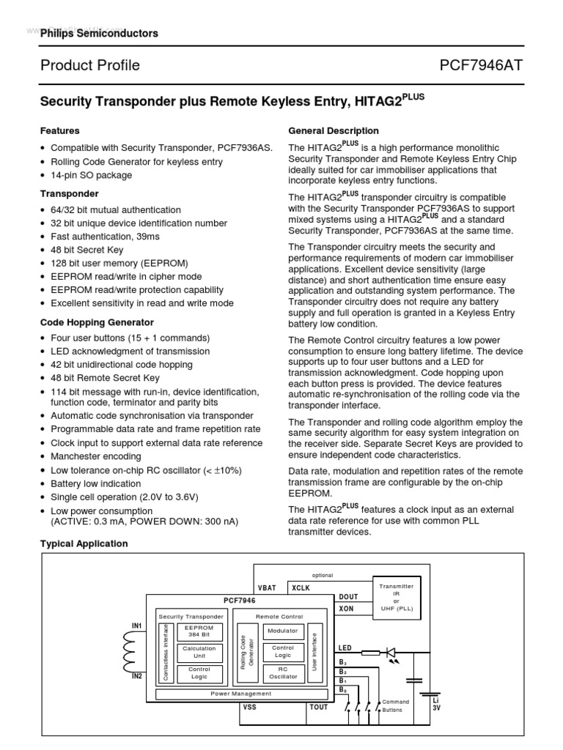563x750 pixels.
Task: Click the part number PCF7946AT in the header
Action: tap(481, 66)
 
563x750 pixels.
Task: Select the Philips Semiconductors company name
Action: tap(99, 34)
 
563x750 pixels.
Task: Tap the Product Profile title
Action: tap(90, 66)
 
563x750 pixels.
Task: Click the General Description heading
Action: tap(334, 131)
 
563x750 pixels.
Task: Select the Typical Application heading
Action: tap(84, 543)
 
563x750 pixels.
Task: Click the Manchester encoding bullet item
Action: tap(95, 456)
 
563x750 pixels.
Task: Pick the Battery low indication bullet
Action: tap(95, 484)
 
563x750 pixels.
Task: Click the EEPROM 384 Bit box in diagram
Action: tap(199, 631)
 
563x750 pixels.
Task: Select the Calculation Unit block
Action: tap(199, 652)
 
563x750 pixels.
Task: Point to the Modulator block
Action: tap(282, 631)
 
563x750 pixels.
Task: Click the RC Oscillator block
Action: tap(282, 672)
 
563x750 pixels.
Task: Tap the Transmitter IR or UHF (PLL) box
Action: tap(396, 597)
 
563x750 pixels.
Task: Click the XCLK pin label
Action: tap(301, 588)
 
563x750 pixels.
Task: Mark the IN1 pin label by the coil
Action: tap(136, 626)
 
